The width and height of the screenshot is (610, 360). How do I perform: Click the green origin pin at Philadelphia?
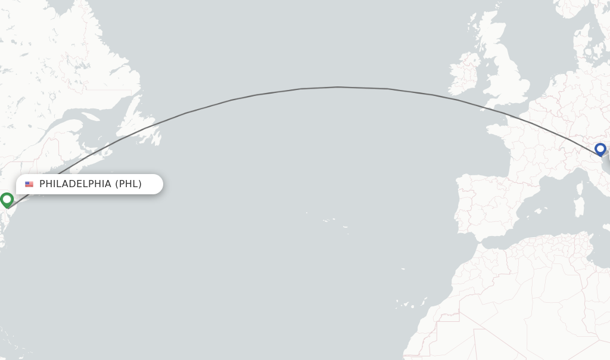[x=7, y=199]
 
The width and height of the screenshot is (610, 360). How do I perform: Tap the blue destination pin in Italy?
[x=600, y=149]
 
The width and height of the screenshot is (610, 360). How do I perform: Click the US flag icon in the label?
[x=29, y=184]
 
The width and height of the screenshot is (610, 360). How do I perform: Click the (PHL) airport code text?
[x=128, y=184]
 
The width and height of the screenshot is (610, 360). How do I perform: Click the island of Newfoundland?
[x=143, y=122]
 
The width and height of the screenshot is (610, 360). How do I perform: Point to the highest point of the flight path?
[x=337, y=87]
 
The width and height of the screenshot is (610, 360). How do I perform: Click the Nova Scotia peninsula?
[x=95, y=156]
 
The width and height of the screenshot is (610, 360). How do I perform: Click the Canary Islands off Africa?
[x=405, y=303]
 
